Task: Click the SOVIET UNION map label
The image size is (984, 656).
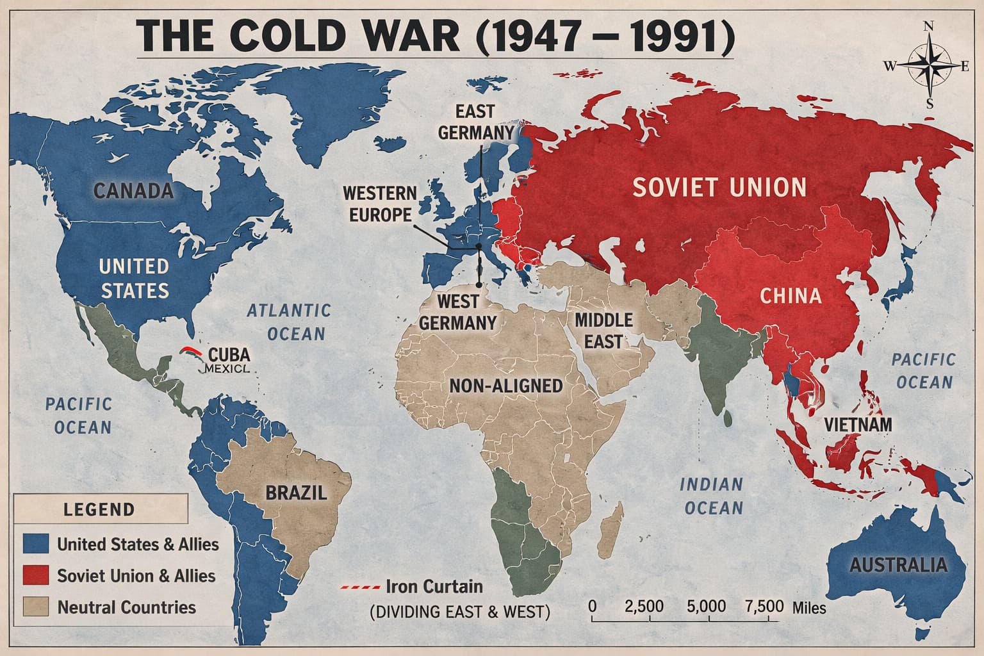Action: tap(719, 187)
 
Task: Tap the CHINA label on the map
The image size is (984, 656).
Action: tap(791, 295)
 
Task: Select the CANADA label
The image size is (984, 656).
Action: tap(134, 190)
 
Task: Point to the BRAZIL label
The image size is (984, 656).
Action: tap(296, 493)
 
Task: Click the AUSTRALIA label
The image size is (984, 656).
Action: tap(898, 564)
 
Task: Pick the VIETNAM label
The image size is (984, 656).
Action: tap(858, 424)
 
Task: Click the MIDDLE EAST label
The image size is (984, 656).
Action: tap(603, 331)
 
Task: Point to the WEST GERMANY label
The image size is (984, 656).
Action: tap(457, 312)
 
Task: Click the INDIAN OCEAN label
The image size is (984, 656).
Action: tap(712, 496)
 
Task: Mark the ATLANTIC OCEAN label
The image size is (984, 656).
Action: tap(290, 322)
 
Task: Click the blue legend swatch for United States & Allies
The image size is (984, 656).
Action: tap(36, 544)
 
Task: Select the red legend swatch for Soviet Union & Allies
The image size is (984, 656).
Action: tap(36, 575)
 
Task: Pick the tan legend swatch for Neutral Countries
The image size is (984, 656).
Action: tap(36, 607)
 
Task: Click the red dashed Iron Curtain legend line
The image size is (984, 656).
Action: tap(360, 587)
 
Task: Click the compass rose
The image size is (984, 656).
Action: tap(930, 65)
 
